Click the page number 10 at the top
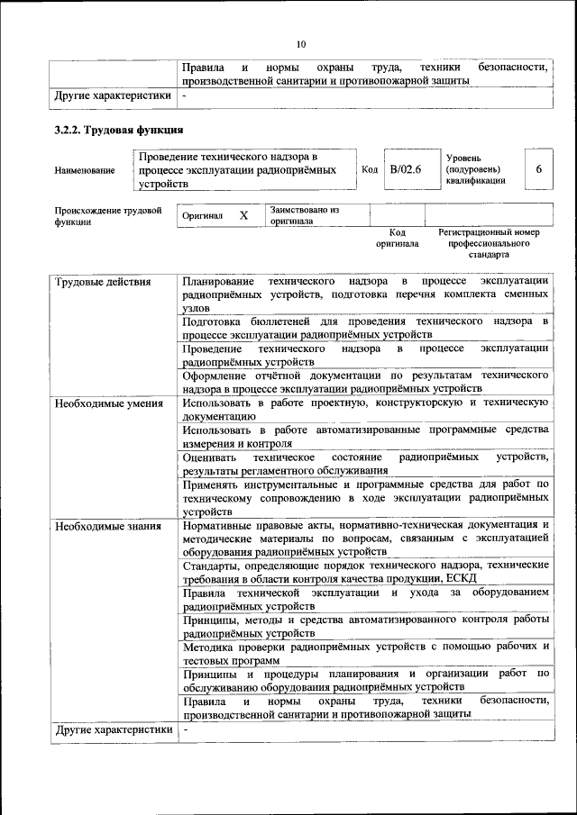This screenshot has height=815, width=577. click(x=301, y=44)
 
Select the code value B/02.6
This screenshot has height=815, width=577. click(x=406, y=168)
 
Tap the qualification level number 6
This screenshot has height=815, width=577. click(x=538, y=168)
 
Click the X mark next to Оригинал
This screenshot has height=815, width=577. click(x=243, y=216)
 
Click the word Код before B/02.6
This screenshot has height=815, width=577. click(x=370, y=168)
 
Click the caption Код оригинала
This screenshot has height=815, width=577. click(x=398, y=238)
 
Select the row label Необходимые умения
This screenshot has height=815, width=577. click(x=108, y=403)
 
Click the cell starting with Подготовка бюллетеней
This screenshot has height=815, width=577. click(x=365, y=327)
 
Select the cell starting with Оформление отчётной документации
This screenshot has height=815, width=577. click(x=365, y=381)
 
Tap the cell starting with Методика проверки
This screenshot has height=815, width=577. click(x=365, y=653)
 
